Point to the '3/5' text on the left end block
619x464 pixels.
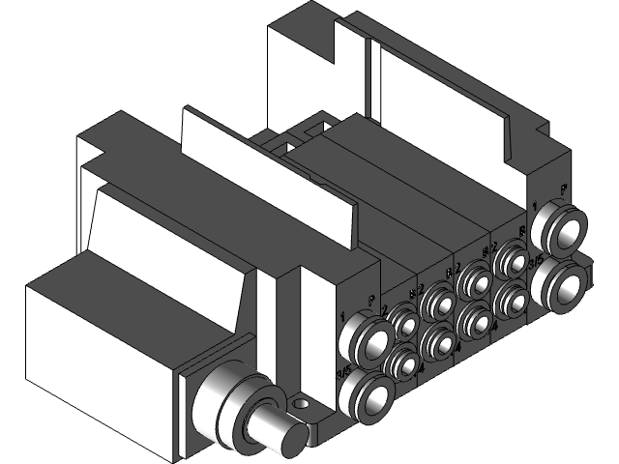343,373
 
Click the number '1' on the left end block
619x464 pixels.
343,314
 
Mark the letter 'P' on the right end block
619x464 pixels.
564,189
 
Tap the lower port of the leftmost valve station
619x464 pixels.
401,364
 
